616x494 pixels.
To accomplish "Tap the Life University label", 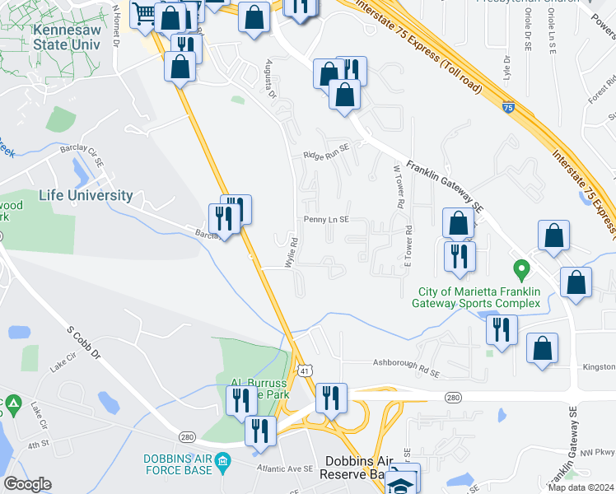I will pos(86,196).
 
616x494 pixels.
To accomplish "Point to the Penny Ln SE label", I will pos(327,220).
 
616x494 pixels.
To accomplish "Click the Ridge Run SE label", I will pos(326,155).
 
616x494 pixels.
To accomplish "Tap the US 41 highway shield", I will pos(305,372).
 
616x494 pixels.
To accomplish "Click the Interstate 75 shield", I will pos(508,106).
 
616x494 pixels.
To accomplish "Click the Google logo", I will pos(27,484).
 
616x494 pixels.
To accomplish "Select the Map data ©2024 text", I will pos(581,487).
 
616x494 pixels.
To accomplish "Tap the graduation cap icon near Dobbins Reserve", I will pos(403,482).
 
